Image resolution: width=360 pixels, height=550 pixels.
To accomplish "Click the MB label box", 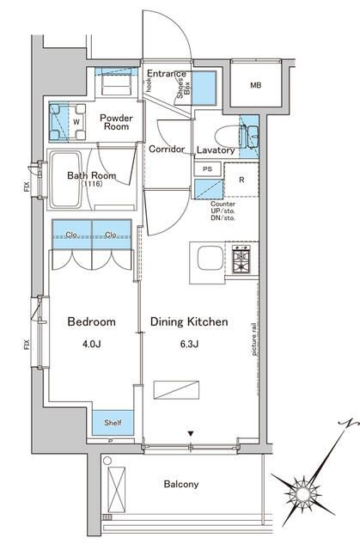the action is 256,85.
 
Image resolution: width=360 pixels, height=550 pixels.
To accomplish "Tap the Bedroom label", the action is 91,321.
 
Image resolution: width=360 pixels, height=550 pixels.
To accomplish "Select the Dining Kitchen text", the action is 189,321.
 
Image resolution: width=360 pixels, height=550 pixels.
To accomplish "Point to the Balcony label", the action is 181,484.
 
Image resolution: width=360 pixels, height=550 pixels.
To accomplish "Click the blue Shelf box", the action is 113,423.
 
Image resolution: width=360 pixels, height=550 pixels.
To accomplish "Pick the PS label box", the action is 208,169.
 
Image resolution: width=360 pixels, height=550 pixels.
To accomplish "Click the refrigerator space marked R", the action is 241,180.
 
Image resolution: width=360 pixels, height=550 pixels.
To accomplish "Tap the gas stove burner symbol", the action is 241,260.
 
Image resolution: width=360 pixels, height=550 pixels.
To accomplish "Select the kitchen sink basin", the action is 210,259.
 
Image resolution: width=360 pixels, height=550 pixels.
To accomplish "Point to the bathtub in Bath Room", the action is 65,180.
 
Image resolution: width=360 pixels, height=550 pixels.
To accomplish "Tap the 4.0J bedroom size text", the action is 92,344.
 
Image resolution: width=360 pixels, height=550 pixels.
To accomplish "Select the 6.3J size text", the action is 189,344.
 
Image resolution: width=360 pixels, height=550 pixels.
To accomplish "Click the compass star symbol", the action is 302,493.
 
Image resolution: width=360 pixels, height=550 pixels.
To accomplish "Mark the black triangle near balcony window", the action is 191,434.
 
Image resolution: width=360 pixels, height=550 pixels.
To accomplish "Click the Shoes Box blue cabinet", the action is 204,88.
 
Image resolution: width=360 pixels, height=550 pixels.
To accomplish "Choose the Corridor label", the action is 167,149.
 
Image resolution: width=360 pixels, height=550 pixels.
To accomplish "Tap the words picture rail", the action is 254,339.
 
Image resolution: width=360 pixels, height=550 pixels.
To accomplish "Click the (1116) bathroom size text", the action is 92,184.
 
